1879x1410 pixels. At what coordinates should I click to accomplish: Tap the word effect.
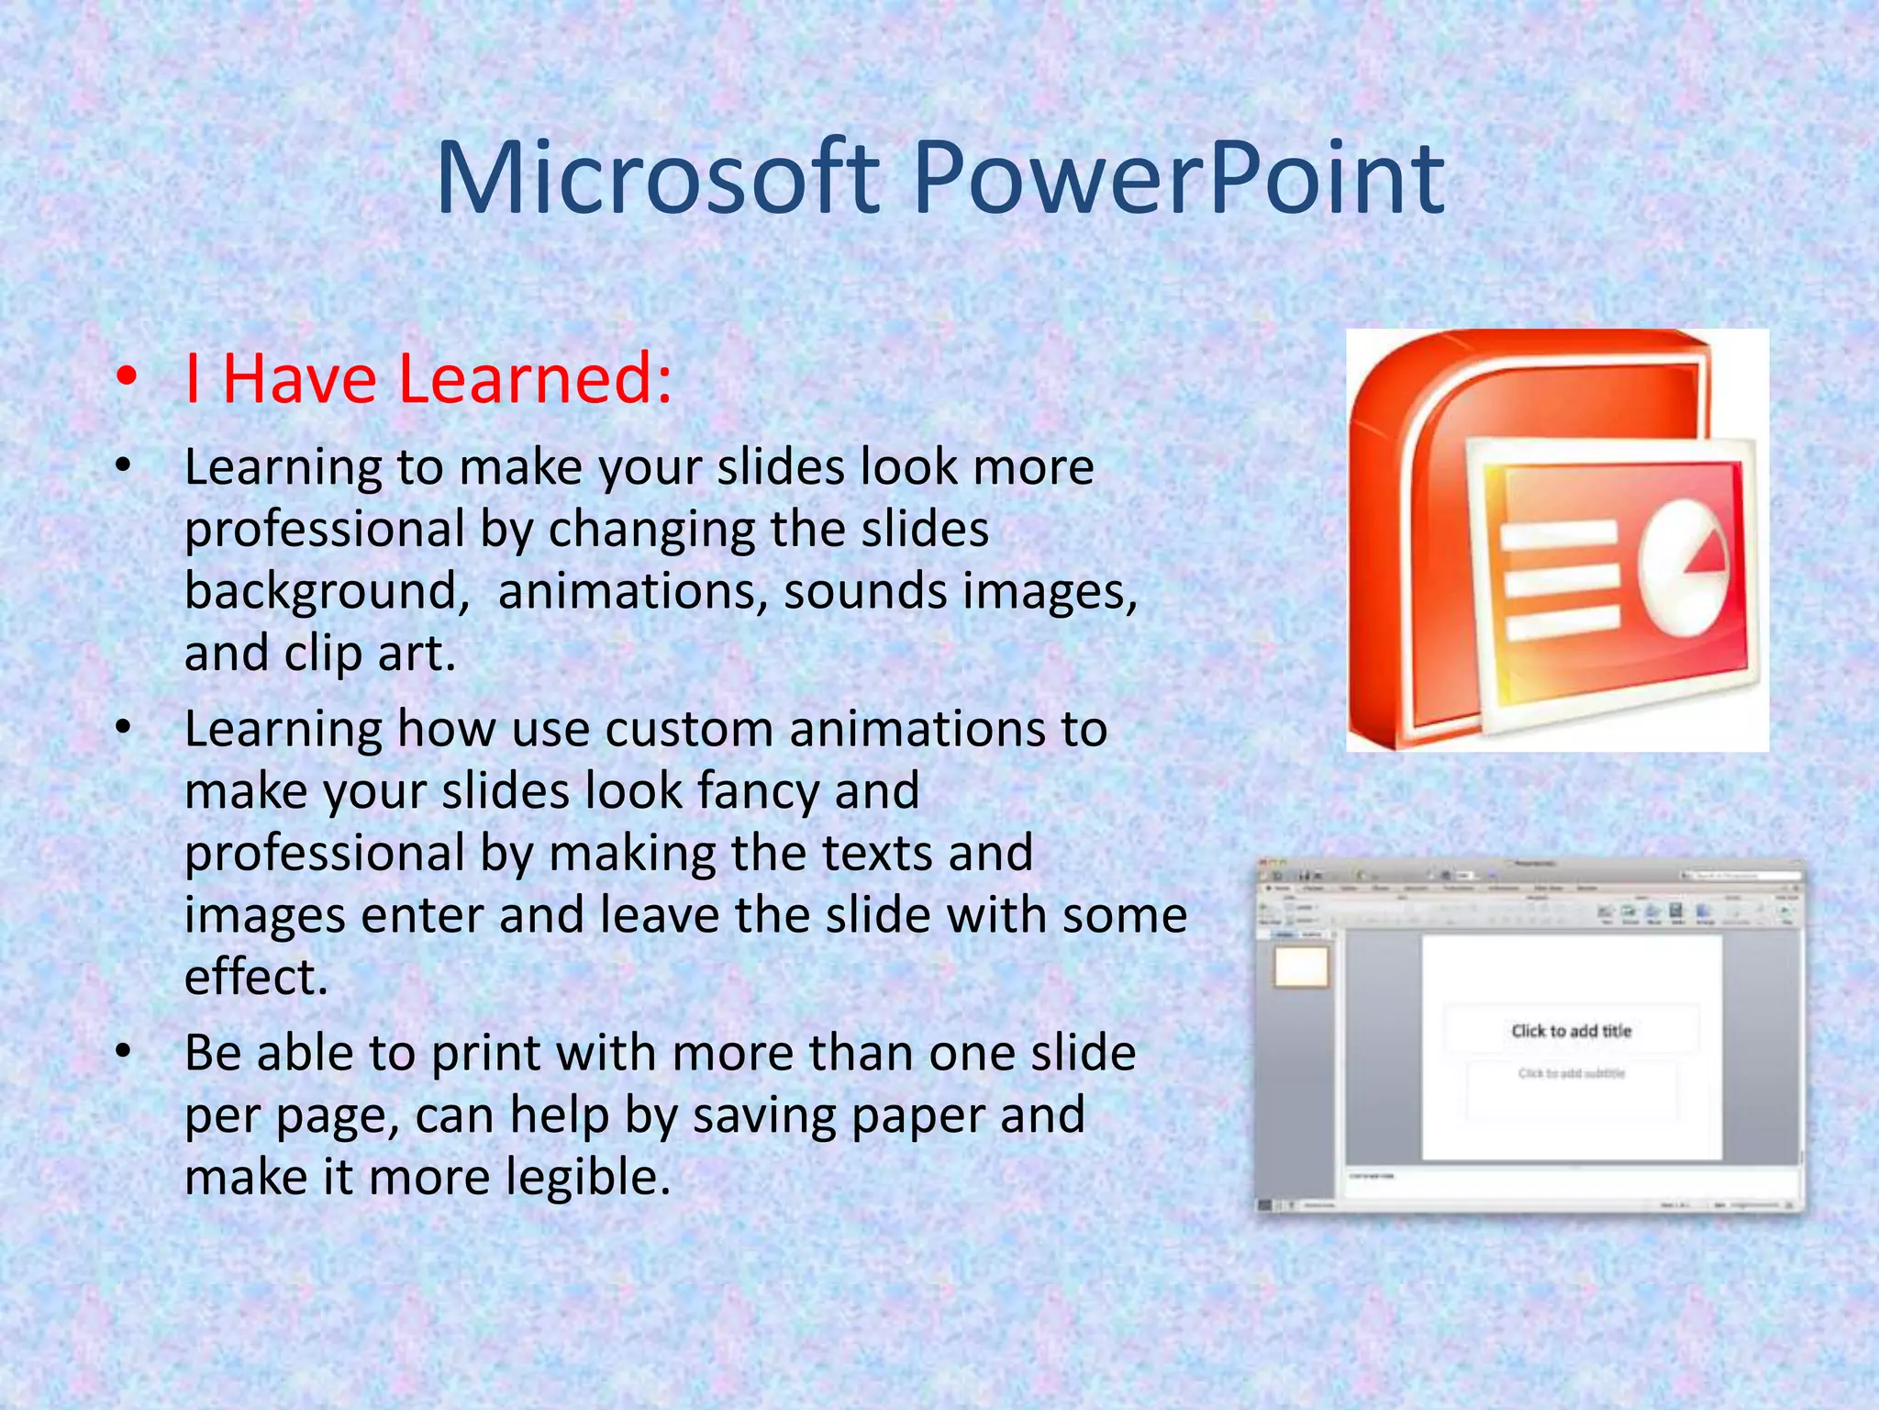256,977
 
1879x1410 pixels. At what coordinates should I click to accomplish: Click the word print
485,1053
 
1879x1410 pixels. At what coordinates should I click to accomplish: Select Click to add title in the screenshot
1571,1031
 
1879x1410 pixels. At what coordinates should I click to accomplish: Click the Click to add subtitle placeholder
1571,1073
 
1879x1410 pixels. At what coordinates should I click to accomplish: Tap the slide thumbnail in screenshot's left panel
1301,966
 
